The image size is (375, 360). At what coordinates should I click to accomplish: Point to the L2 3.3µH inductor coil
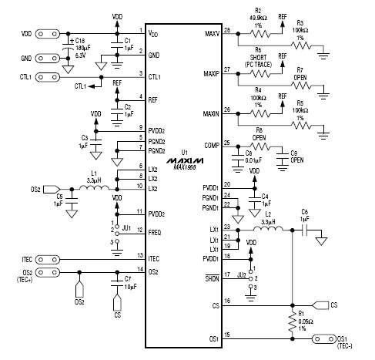tap(269, 229)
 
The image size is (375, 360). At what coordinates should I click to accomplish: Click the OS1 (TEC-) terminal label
tap(363, 342)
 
